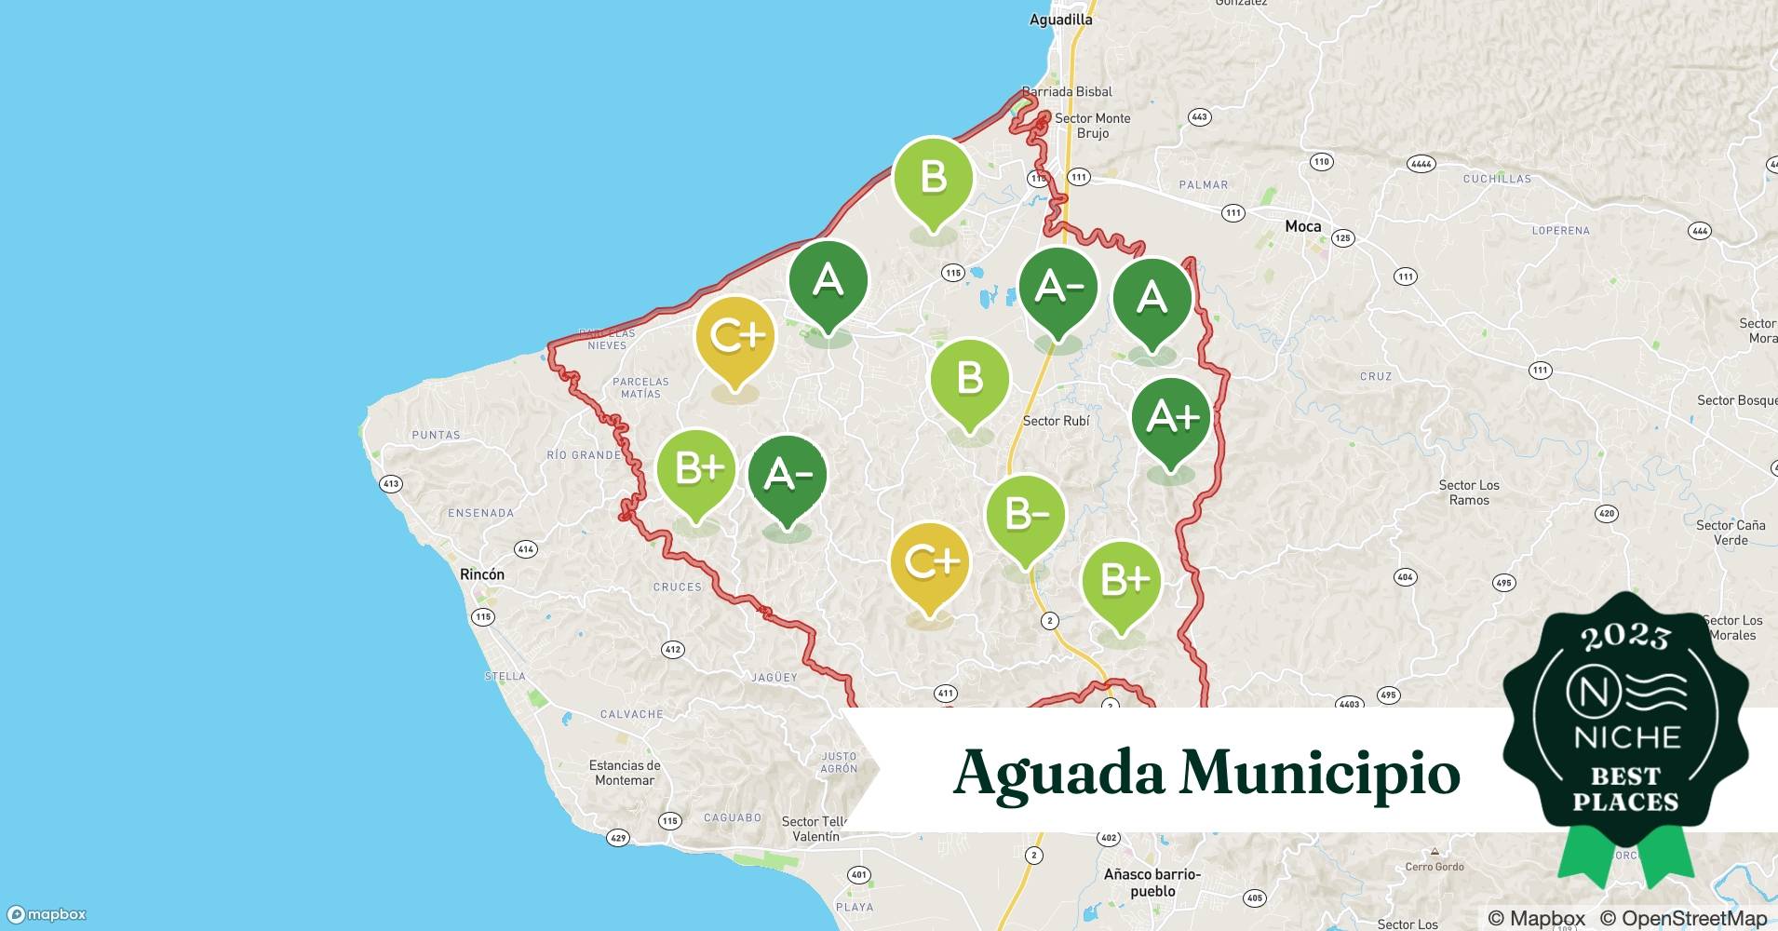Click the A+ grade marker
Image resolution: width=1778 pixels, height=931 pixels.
point(1170,417)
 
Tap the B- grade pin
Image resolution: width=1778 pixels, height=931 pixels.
point(1025,515)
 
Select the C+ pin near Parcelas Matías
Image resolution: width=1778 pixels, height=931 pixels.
point(734,336)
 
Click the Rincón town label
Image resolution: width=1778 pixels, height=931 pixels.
point(482,574)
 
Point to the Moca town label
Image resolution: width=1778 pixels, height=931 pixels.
point(1302,226)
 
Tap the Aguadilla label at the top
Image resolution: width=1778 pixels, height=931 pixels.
point(1060,19)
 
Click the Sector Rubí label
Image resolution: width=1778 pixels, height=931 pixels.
point(1056,421)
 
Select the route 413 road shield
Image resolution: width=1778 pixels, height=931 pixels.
point(391,483)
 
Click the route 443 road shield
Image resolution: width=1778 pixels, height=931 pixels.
point(1199,117)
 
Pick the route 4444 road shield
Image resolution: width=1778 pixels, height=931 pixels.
point(1421,164)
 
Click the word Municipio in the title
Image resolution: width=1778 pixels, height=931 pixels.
point(1319,773)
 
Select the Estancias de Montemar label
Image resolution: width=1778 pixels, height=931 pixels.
point(625,773)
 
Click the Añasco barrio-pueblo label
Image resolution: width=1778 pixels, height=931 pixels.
point(1152,883)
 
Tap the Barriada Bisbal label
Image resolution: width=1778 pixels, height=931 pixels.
point(1067,91)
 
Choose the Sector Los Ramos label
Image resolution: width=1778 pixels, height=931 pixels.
point(1469,492)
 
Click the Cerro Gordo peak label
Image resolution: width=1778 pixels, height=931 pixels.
point(1435,867)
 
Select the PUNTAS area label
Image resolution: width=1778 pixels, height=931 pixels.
point(436,435)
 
